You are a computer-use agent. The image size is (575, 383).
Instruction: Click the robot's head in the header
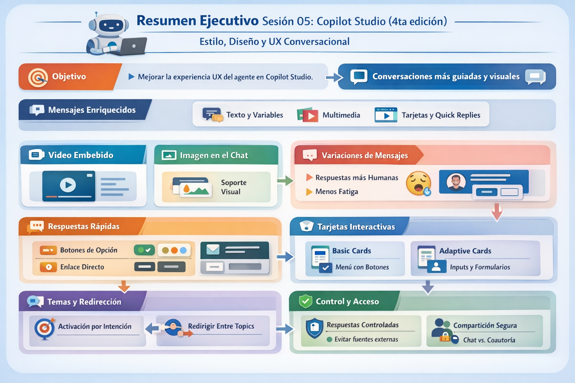[x=109, y=25]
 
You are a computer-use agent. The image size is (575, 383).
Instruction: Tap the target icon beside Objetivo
[x=38, y=77]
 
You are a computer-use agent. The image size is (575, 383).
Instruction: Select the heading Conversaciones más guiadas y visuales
[x=445, y=77]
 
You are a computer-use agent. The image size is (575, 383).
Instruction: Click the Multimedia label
[x=341, y=115]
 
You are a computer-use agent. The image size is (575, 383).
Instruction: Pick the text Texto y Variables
[x=255, y=115]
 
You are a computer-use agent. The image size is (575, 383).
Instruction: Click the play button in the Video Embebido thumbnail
[x=68, y=185]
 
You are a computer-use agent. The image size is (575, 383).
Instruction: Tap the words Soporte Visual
[x=233, y=187]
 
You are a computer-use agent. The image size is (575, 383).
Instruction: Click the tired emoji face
[x=418, y=183]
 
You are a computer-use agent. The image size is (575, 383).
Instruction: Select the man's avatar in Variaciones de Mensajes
[x=456, y=182]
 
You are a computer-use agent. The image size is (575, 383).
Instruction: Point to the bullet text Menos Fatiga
[x=337, y=191]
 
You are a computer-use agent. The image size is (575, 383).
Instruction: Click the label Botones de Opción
[x=89, y=250]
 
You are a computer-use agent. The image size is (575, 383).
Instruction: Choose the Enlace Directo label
[x=82, y=267]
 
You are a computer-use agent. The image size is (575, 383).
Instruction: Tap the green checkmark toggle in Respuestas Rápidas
[x=144, y=250]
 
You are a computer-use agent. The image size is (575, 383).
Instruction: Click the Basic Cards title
[x=352, y=251]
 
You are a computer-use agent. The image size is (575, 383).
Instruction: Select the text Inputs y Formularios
[x=480, y=267]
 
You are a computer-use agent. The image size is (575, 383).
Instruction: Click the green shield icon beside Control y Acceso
[x=305, y=301]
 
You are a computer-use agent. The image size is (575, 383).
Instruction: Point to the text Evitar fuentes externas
[x=366, y=339]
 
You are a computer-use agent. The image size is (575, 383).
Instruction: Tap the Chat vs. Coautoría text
[x=489, y=340]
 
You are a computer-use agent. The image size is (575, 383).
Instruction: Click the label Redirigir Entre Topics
[x=221, y=326]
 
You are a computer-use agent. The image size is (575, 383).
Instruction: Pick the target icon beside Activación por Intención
[x=45, y=328]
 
